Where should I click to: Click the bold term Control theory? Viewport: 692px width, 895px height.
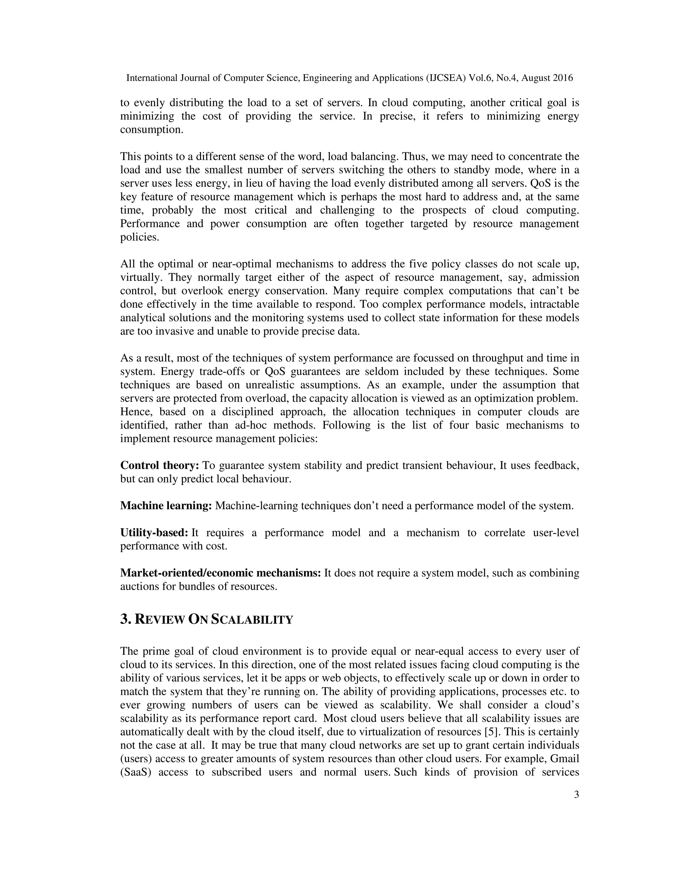159,465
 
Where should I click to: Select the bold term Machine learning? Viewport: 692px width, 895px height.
166,506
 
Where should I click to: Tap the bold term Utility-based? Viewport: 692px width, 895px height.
154,533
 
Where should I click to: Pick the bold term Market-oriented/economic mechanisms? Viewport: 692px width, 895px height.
220,573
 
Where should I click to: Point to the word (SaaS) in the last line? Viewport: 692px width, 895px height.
134,772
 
